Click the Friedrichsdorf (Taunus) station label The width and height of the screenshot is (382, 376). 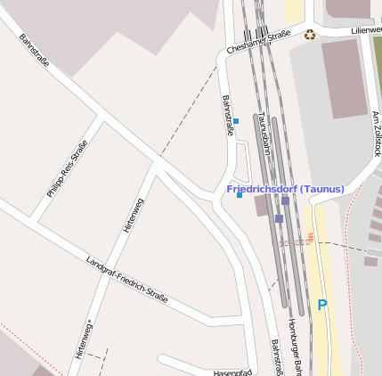click(285, 189)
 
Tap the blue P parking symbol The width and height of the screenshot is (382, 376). click(322, 306)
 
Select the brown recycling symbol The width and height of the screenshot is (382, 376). click(310, 36)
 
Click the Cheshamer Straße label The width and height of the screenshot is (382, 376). click(259, 41)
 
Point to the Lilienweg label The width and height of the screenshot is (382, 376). click(366, 29)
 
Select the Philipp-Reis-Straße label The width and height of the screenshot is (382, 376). click(68, 168)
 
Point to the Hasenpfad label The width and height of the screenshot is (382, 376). click(233, 372)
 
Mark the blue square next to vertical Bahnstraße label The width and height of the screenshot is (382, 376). click(236, 120)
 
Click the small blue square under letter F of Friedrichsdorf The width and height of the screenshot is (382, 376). click(239, 195)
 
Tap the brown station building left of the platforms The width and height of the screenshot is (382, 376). click(260, 207)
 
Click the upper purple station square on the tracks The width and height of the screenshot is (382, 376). click(285, 200)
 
